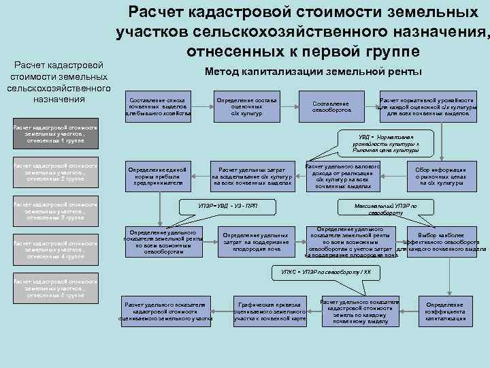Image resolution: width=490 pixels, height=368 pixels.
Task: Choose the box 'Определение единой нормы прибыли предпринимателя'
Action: [x=158, y=176]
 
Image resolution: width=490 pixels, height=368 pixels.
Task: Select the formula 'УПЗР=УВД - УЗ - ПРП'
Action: [x=228, y=206]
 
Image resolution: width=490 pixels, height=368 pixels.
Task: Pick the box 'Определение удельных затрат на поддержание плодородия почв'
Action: [x=246, y=243]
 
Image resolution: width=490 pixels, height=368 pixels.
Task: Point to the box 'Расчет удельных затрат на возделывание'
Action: [x=252, y=176]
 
